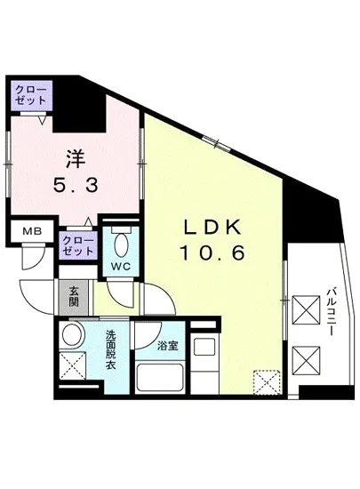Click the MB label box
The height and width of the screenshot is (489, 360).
[x=32, y=233]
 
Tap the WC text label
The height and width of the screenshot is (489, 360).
[x=122, y=265]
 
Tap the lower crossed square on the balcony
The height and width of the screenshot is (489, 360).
[x=305, y=361]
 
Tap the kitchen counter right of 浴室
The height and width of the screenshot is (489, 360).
[x=206, y=365]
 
